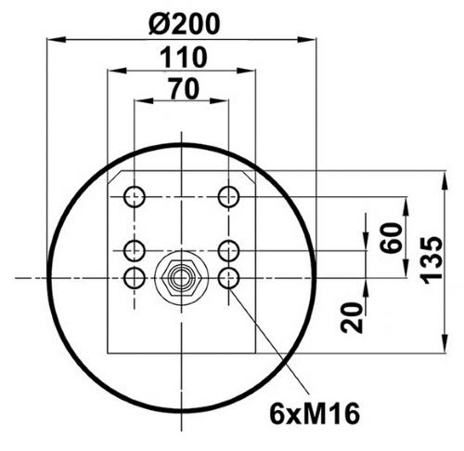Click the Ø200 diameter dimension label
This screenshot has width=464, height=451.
click(x=185, y=24)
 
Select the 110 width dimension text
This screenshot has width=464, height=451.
click(x=184, y=58)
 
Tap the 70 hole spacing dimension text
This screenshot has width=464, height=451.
click(x=183, y=88)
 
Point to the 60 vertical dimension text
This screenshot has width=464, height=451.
click(x=392, y=238)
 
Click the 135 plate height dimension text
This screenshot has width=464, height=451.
click(x=432, y=260)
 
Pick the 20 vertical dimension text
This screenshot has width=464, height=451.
click(x=352, y=318)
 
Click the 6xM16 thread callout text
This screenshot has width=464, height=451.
click(x=315, y=414)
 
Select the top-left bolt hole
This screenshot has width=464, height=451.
click(x=135, y=196)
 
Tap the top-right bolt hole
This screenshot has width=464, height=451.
click(x=228, y=196)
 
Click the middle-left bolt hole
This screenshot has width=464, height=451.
click(x=135, y=250)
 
